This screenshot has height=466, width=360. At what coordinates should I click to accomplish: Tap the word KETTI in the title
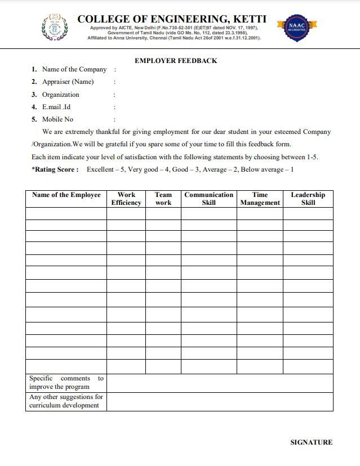[246, 19]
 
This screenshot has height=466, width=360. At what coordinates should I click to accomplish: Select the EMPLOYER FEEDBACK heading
[176, 61]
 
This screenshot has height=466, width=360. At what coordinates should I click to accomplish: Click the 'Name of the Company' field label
[74, 69]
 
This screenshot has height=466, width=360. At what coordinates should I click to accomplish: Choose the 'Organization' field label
[61, 95]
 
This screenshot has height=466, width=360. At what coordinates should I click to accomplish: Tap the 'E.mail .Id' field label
[56, 107]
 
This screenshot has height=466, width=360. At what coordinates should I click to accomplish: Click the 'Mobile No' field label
[57, 119]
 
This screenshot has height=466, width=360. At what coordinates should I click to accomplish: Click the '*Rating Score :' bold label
[55, 169]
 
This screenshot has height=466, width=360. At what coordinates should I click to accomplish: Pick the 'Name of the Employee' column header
[66, 195]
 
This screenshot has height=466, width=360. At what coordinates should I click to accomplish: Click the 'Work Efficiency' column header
[126, 199]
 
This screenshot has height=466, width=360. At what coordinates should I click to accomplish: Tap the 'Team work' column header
[163, 199]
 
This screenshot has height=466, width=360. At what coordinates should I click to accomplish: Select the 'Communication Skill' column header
[208, 199]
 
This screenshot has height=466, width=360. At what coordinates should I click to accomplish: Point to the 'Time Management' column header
[260, 199]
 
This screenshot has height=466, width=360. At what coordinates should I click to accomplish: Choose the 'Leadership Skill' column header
[308, 199]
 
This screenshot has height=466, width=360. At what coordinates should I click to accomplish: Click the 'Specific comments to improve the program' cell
[66, 383]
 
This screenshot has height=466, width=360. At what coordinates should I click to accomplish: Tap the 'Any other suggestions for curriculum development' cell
[66, 401]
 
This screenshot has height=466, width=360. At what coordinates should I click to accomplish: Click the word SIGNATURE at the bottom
[311, 442]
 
